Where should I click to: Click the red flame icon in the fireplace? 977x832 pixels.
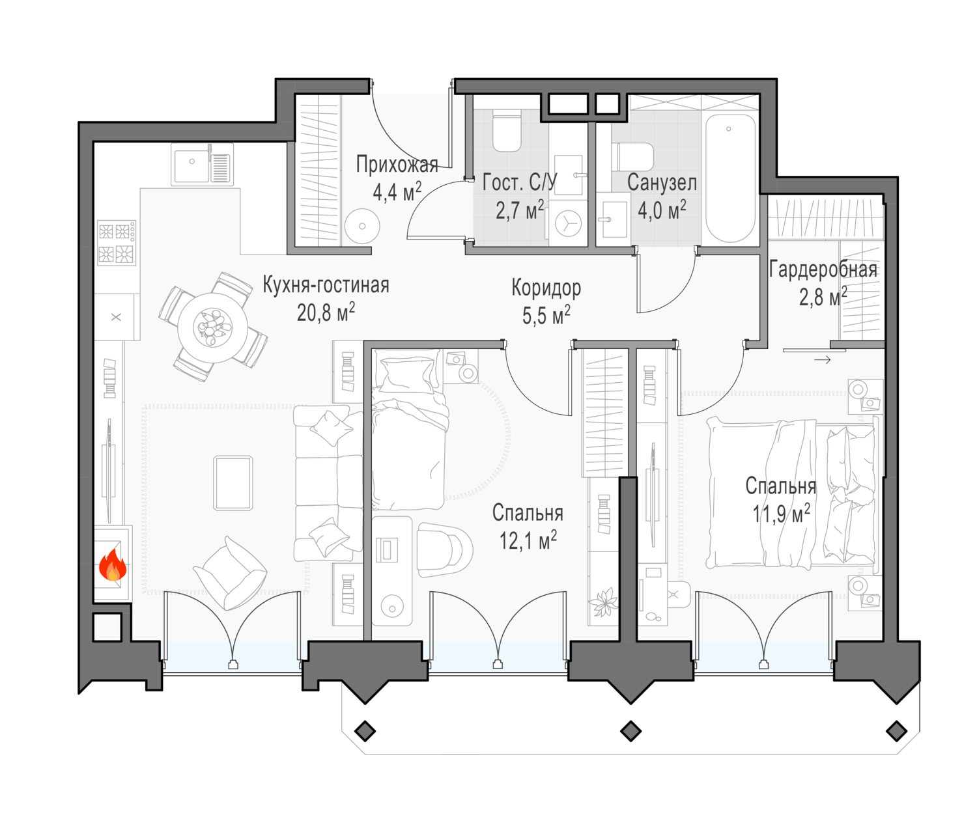pyautogui.click(x=113, y=564)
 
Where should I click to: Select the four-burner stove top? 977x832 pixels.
pyautogui.click(x=117, y=242)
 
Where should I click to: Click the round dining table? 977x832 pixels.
pyautogui.click(x=212, y=327)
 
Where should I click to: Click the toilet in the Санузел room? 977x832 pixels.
pyautogui.click(x=632, y=157)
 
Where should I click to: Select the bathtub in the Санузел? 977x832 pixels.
pyautogui.click(x=729, y=178)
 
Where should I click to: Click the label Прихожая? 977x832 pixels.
pyautogui.click(x=397, y=165)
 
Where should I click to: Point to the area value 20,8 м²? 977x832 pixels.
pyautogui.click(x=326, y=312)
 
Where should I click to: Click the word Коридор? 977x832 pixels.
pyautogui.click(x=546, y=288)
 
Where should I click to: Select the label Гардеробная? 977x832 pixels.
pyautogui.click(x=823, y=270)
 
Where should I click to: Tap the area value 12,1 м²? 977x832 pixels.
pyautogui.click(x=528, y=540)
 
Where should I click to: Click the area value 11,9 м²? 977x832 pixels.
pyautogui.click(x=781, y=514)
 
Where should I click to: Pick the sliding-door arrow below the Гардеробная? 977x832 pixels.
pyautogui.click(x=823, y=360)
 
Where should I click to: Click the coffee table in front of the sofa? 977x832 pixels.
pyautogui.click(x=233, y=483)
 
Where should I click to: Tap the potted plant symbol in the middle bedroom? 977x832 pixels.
pyautogui.click(x=603, y=602)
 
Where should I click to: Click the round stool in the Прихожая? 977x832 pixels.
pyautogui.click(x=362, y=227)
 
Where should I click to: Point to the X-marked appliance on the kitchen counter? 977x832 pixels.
pyautogui.click(x=117, y=317)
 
